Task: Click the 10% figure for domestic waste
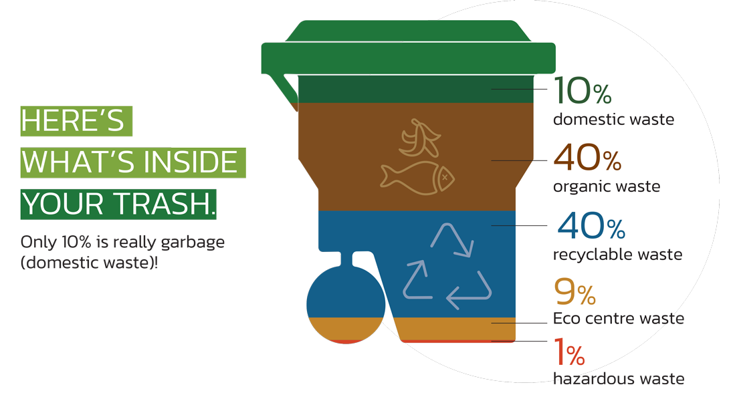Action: pyautogui.click(x=583, y=92)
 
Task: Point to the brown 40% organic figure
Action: pyautogui.click(x=588, y=159)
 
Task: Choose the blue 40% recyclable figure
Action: pyautogui.click(x=591, y=227)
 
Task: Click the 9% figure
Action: pyautogui.click(x=575, y=292)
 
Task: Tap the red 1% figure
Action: pyautogui.click(x=570, y=352)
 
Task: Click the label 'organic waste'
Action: pyautogui.click(x=607, y=186)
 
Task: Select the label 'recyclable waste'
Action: pyautogui.click(x=617, y=255)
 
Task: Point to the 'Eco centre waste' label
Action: pyautogui.click(x=618, y=319)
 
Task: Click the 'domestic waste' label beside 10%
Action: pyautogui.click(x=613, y=120)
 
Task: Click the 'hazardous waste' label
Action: pyautogui.click(x=619, y=379)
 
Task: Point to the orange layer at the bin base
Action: pyautogui.click(x=458, y=328)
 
